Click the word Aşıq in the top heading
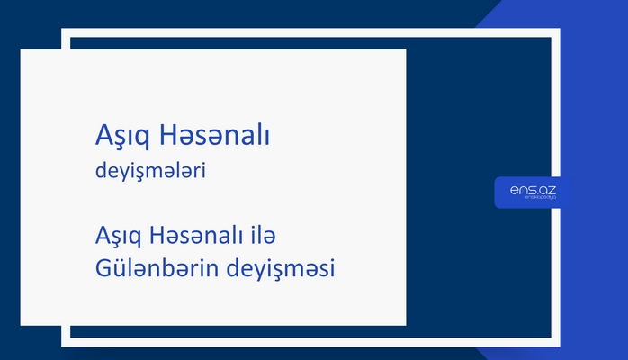122,137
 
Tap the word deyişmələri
151,171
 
